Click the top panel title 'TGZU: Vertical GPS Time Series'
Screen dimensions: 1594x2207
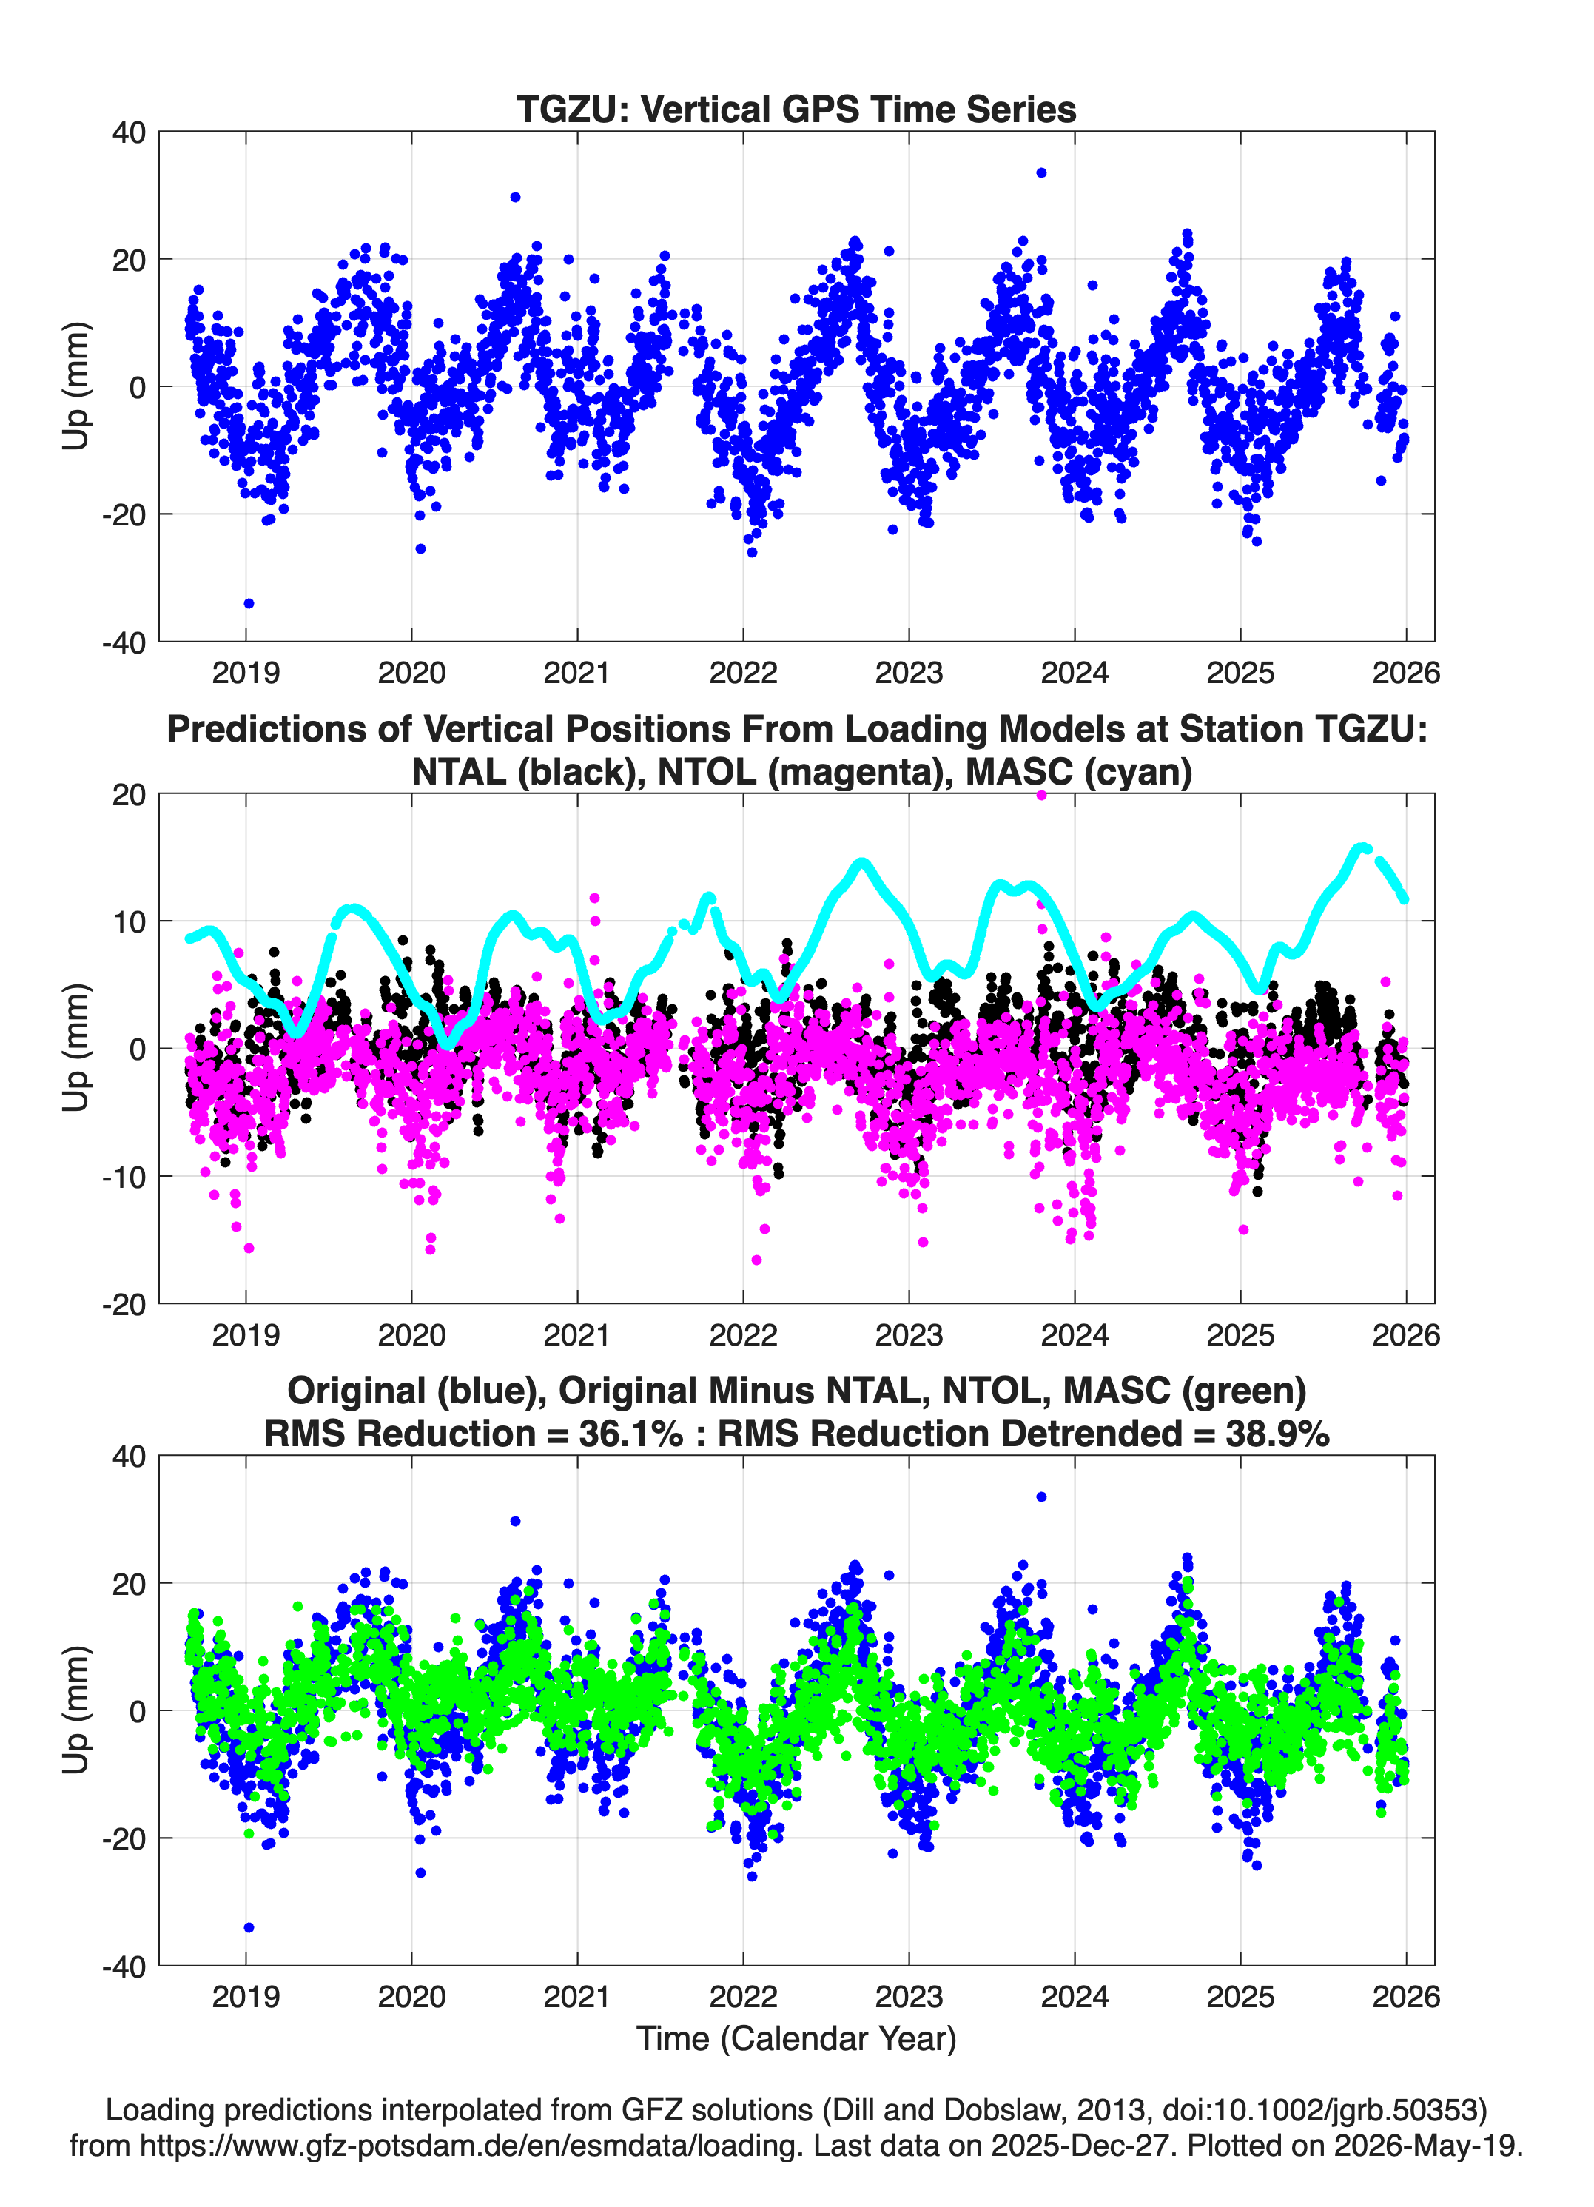796,109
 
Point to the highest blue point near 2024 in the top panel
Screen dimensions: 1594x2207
1041,173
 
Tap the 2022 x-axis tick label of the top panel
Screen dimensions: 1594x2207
744,673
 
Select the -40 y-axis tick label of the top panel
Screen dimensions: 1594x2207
124,642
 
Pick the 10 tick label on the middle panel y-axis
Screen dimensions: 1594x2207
130,921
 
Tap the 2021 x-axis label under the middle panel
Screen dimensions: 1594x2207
577,1334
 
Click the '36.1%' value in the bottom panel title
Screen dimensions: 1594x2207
630,1434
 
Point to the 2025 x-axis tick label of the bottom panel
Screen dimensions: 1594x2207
1241,1996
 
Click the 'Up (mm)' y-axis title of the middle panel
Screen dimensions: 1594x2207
76,1048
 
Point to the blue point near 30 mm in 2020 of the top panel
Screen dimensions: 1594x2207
515,198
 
